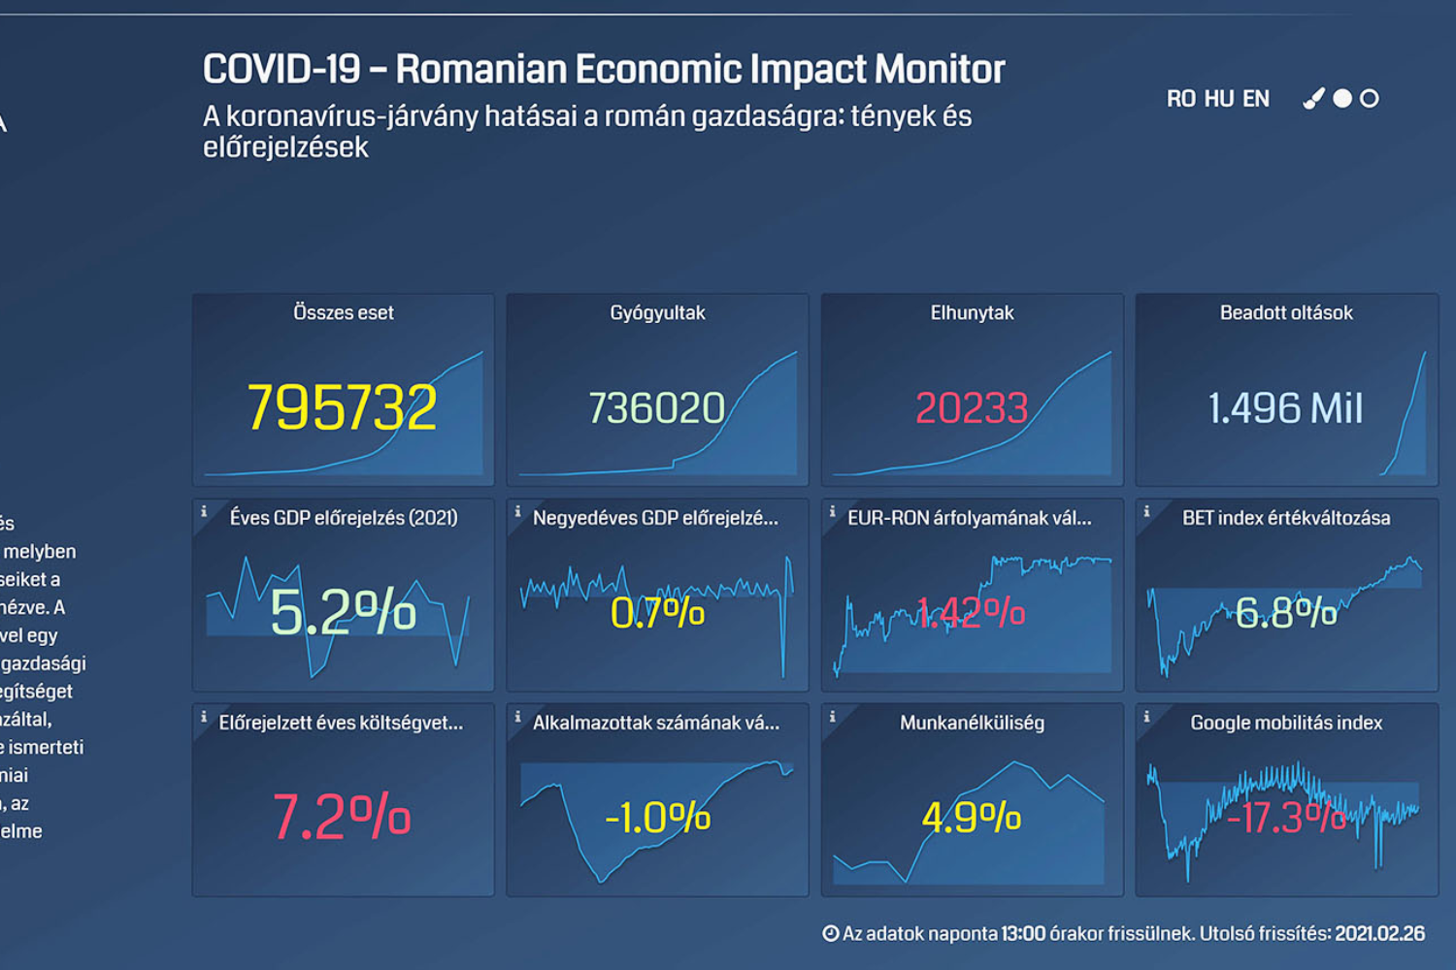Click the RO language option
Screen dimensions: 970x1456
(1180, 99)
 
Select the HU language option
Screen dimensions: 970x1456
(1219, 99)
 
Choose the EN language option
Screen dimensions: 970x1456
(1256, 99)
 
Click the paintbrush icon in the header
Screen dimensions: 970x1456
(1313, 98)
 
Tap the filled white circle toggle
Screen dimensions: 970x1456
(1342, 98)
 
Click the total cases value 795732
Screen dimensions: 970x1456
(342, 407)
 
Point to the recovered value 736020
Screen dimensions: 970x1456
(657, 408)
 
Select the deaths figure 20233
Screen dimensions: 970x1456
(972, 408)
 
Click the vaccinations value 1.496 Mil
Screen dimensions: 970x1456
(1286, 408)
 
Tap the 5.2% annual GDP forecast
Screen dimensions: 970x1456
(343, 612)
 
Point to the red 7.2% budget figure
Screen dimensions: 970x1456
(342, 817)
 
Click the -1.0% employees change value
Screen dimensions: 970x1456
(657, 818)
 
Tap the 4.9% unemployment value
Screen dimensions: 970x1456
(972, 818)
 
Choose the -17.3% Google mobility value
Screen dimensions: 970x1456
(1286, 818)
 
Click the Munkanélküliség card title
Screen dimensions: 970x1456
(972, 723)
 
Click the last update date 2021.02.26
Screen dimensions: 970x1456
(1379, 934)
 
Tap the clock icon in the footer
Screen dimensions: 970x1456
(831, 934)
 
